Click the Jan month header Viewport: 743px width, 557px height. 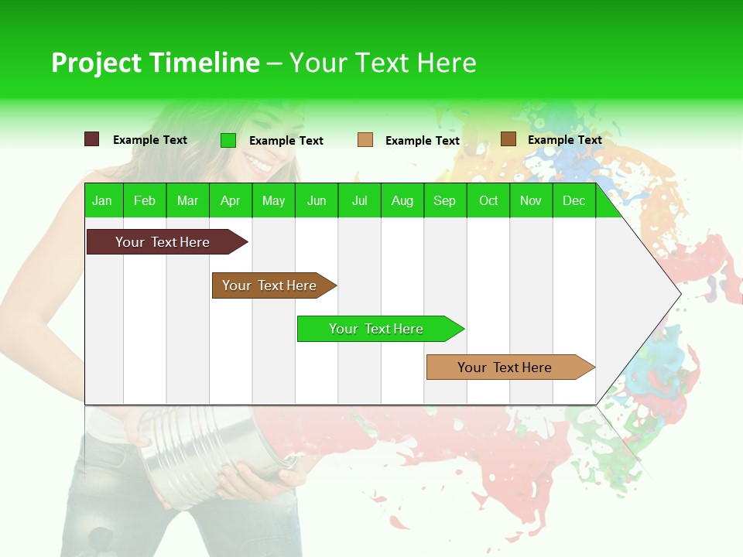tap(102, 200)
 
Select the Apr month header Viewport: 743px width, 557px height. tap(230, 200)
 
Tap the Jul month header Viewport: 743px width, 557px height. tap(359, 200)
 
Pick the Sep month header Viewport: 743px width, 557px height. tap(444, 200)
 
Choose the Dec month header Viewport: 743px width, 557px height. tap(574, 200)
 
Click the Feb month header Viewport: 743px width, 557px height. tap(145, 200)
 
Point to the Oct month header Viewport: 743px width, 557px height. tap(488, 200)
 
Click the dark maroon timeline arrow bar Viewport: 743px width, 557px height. tap(163, 242)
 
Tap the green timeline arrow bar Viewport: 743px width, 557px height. tap(377, 329)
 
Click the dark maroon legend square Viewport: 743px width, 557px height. tap(92, 139)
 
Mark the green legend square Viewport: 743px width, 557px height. tap(228, 140)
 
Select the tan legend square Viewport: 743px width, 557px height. tap(365, 140)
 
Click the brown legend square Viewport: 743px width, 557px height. tap(508, 139)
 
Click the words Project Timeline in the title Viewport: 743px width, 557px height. tap(155, 63)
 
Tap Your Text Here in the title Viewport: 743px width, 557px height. tap(382, 63)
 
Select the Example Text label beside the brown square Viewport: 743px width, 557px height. tap(564, 140)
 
